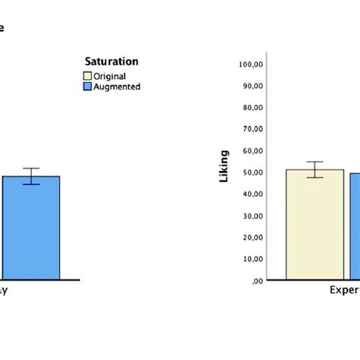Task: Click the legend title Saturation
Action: [111, 62]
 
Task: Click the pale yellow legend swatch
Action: [87, 76]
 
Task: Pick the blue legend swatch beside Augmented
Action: [87, 87]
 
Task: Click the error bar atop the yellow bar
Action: [314, 169]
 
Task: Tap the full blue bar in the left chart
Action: [30, 228]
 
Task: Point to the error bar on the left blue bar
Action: [30, 176]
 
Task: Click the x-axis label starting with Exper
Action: [343, 290]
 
